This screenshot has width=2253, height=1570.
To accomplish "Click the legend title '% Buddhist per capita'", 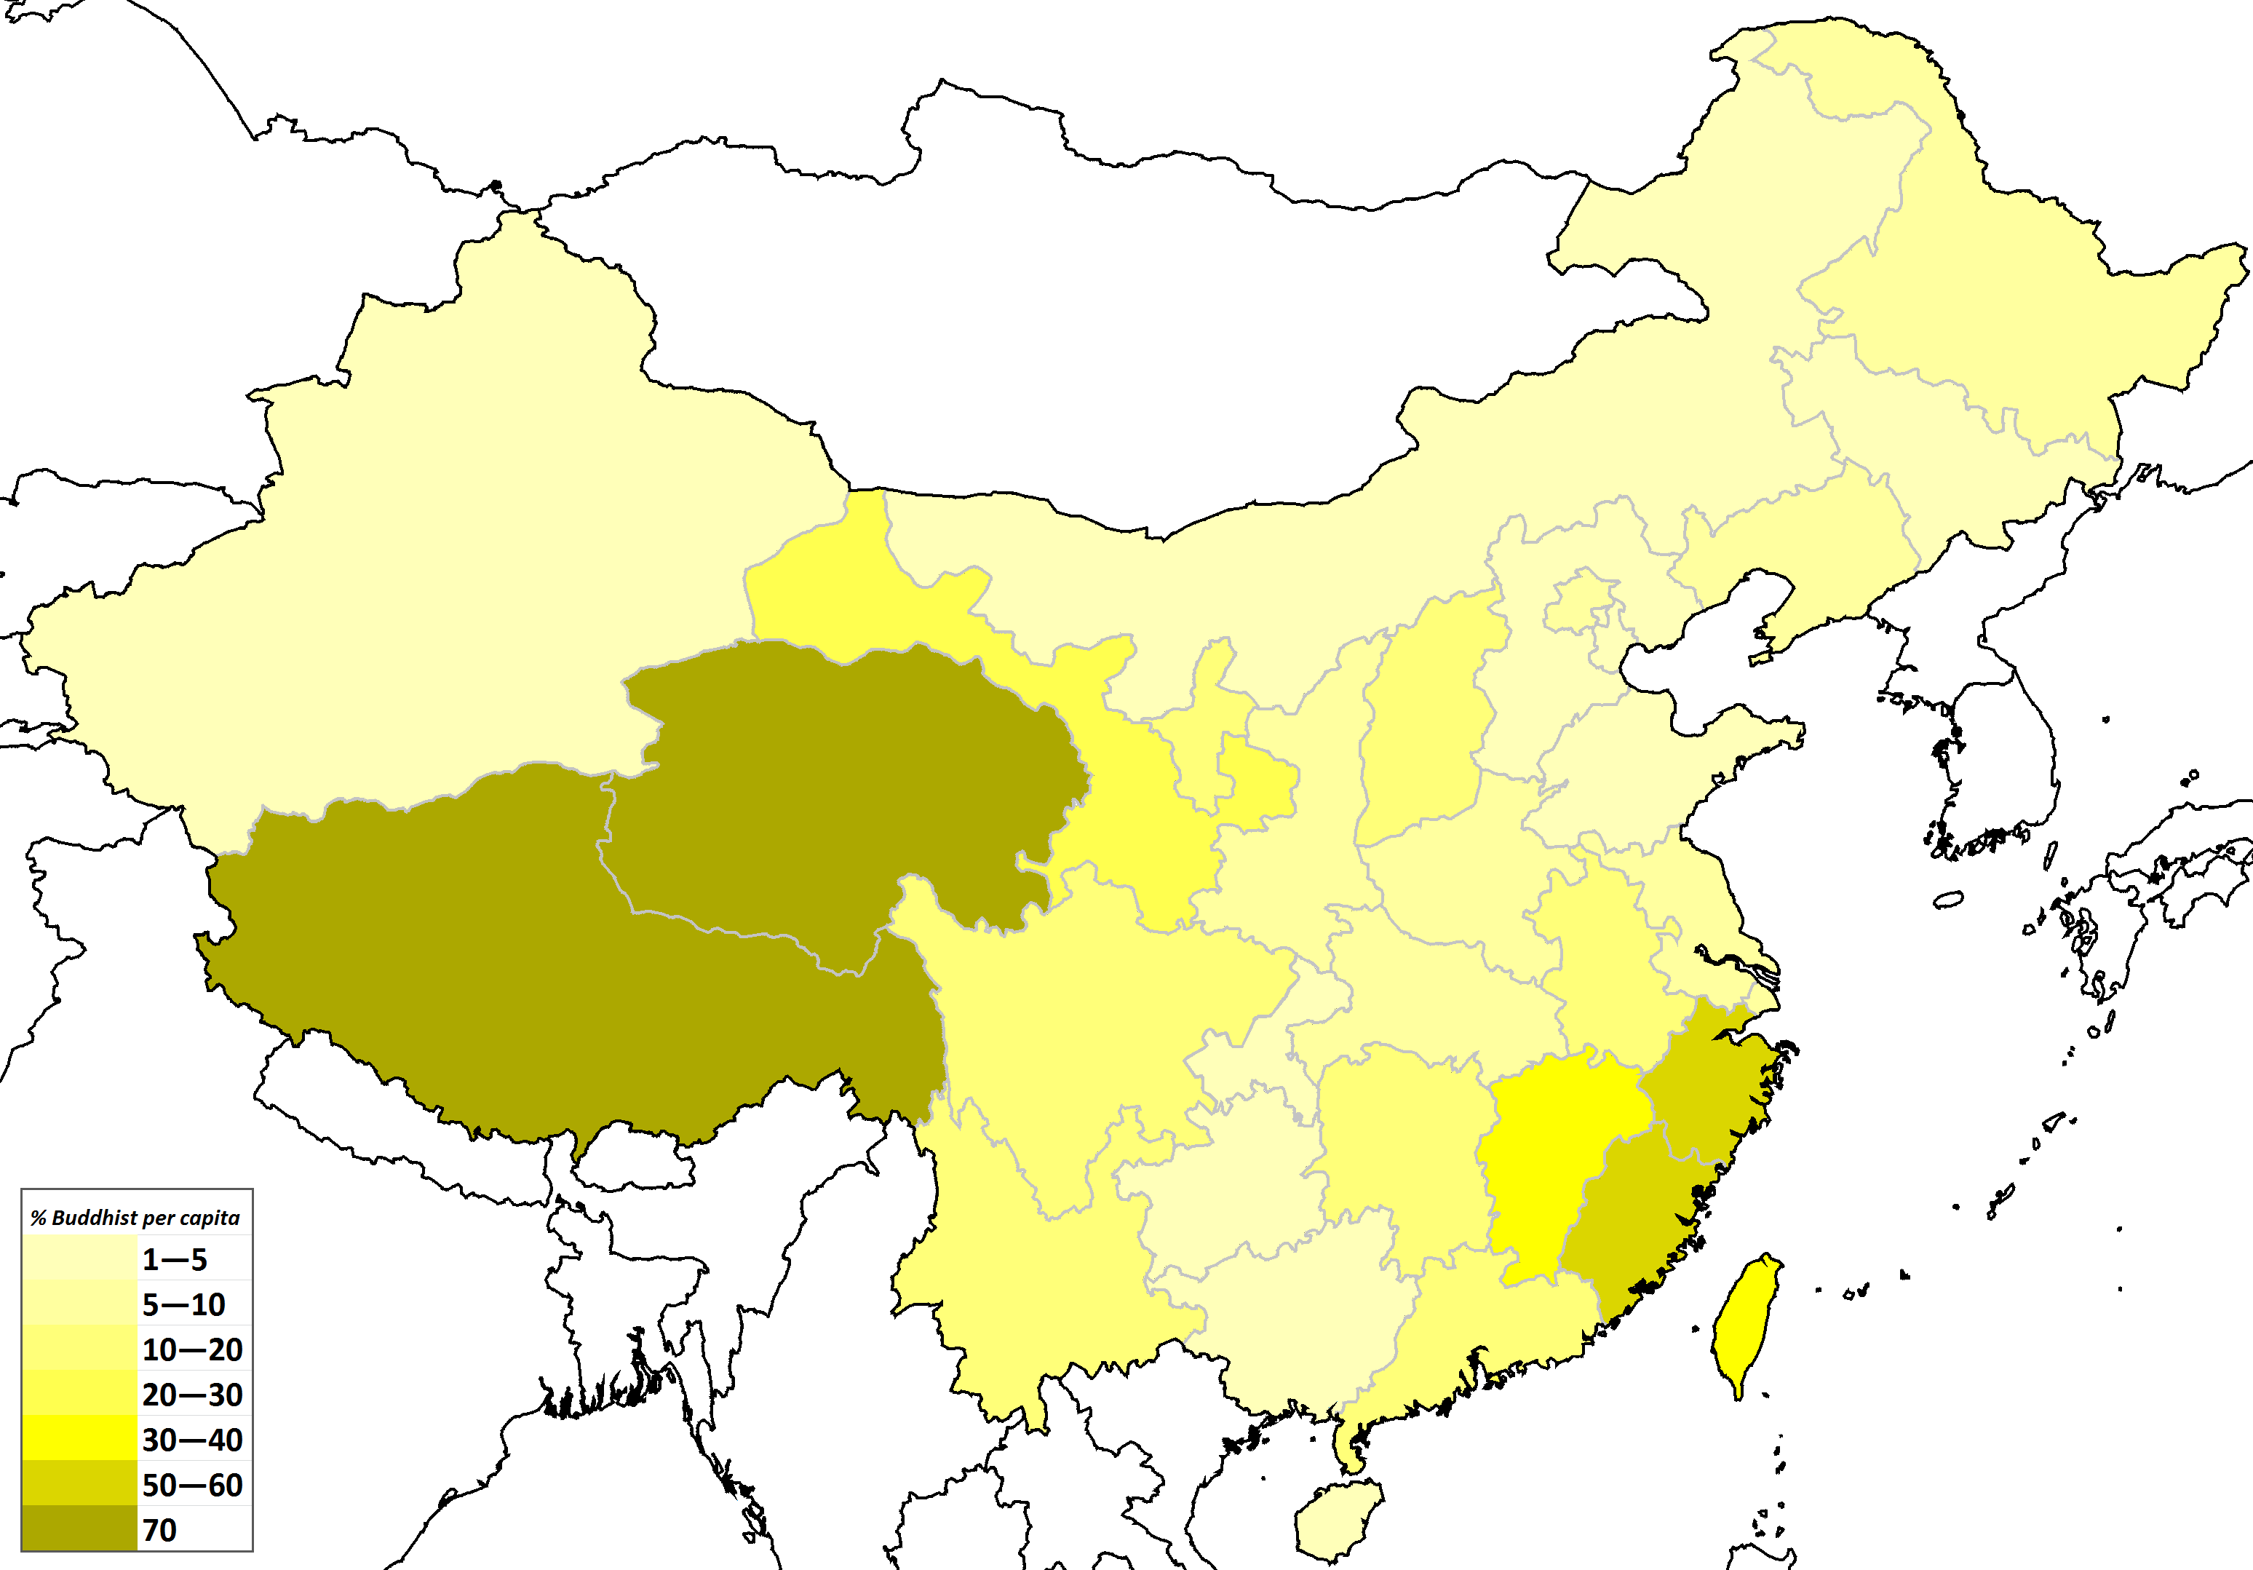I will click(x=135, y=1218).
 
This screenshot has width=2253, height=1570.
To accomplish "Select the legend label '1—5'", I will click(x=175, y=1260).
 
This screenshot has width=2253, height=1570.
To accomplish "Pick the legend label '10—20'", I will click(x=192, y=1350).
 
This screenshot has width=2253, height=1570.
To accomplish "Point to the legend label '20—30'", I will click(x=192, y=1395).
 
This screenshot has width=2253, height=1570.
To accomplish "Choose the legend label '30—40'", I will click(x=192, y=1440).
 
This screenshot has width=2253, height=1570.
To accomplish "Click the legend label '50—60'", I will click(x=192, y=1486).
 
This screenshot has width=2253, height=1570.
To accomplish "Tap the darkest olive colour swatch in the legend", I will click(x=79, y=1529).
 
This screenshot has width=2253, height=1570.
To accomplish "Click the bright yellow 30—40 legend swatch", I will click(x=79, y=1438).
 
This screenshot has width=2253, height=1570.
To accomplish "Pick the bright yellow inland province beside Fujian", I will click(x=1551, y=1158).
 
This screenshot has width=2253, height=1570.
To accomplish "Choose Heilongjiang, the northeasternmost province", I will click(x=1992, y=285).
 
